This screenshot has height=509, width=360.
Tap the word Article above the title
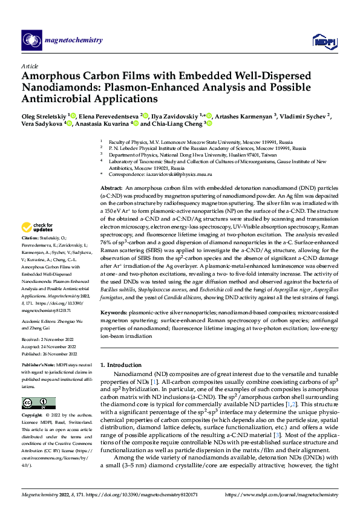click(x=29, y=66)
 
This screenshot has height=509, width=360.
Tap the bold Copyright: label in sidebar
click(x=33, y=416)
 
